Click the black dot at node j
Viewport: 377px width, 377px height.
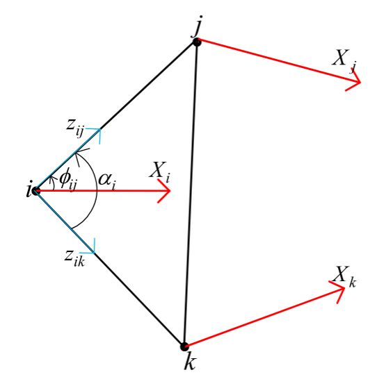[197, 42]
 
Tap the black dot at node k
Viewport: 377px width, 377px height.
[184, 346]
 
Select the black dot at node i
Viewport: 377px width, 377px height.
[36, 192]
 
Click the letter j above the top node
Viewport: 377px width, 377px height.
[198, 26]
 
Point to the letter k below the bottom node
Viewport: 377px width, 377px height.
[191, 362]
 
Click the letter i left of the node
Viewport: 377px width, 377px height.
[29, 191]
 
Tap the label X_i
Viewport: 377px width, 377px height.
[160, 173]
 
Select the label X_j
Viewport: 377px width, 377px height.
[344, 61]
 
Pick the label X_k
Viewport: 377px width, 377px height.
[344, 277]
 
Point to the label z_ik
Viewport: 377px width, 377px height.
[74, 259]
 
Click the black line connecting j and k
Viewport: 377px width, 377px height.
[191, 194]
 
